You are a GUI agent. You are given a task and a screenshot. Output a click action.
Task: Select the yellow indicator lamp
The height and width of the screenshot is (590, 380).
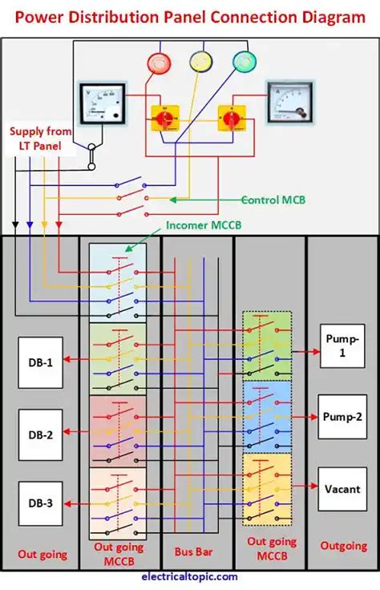point(200,62)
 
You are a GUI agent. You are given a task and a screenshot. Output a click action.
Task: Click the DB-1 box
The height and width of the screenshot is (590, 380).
point(40,362)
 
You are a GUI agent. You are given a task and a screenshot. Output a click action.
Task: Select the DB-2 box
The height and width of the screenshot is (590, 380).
point(40,434)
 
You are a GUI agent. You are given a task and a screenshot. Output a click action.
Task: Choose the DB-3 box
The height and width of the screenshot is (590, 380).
point(40,503)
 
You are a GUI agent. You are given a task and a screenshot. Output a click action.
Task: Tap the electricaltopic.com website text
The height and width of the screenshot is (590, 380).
point(189,576)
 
